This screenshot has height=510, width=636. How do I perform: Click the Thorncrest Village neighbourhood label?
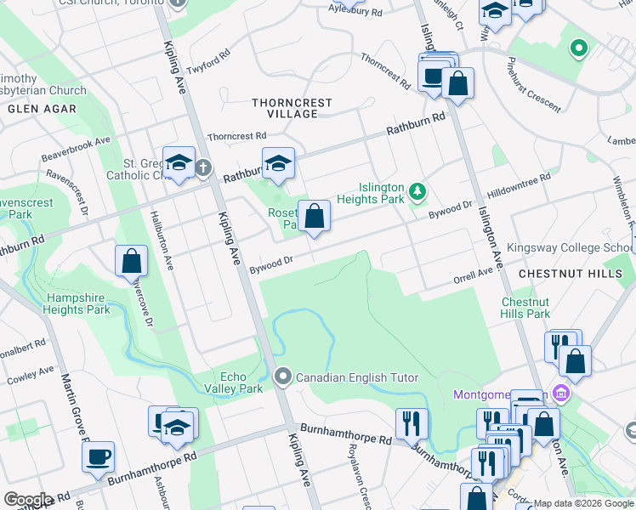[292, 108]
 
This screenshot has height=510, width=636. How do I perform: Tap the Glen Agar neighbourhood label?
[42, 109]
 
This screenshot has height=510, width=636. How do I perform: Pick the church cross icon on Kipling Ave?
[202, 168]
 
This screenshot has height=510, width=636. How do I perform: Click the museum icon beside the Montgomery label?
[560, 394]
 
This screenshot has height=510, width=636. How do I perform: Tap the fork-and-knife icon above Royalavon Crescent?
[412, 422]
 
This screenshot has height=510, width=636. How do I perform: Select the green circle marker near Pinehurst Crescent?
[579, 48]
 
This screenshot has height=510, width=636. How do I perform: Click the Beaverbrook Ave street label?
[77, 150]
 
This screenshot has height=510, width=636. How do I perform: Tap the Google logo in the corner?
[28, 500]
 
